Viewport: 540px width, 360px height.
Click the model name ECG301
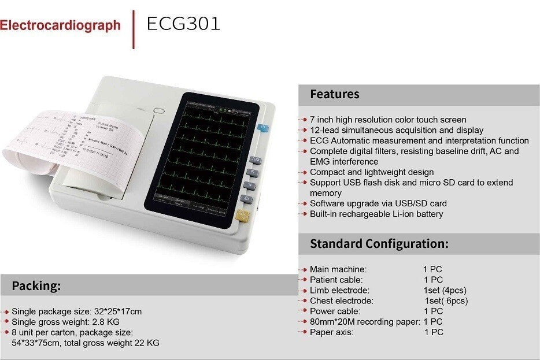pyautogui.click(x=183, y=24)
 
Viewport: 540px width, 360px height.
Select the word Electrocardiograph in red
pyautogui.click(x=60, y=25)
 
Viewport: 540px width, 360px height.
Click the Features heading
pyautogui.click(x=334, y=94)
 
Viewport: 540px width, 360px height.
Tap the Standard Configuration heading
pyautogui.click(x=379, y=243)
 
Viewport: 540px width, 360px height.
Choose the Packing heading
pyautogui.click(x=36, y=285)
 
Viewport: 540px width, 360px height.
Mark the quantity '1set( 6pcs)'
pyautogui.click(x=446, y=300)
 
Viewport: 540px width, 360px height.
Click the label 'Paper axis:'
pyautogui.click(x=331, y=332)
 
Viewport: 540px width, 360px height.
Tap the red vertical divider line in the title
pyautogui.click(x=134, y=28)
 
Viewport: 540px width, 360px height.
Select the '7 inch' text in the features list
pyautogui.click(x=320, y=120)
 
